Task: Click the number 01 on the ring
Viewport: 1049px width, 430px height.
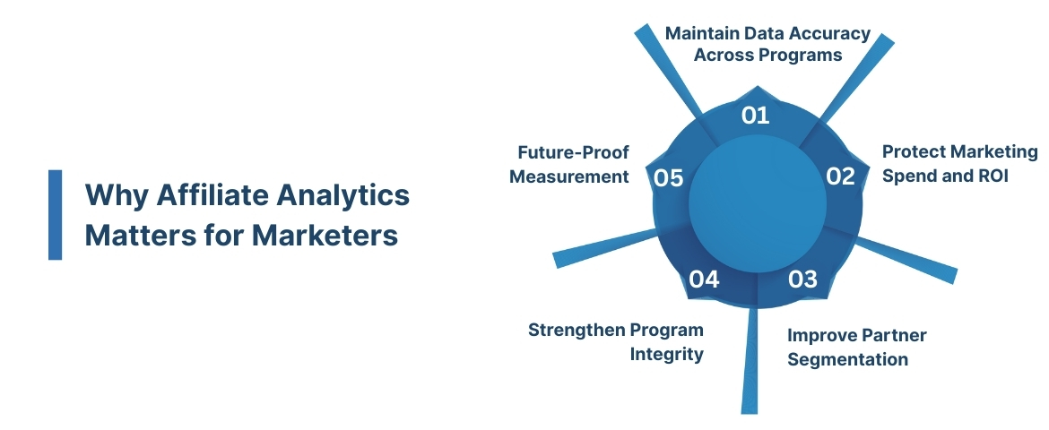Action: coord(756,115)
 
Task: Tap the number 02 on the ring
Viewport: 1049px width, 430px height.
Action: coord(840,176)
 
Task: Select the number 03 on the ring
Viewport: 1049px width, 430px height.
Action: coord(802,279)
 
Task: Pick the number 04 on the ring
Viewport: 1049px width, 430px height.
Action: coord(704,279)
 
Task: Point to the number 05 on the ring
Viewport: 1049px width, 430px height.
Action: coord(669,177)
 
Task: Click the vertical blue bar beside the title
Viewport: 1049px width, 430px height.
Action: coord(56,214)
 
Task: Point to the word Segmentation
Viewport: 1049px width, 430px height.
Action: coord(847,359)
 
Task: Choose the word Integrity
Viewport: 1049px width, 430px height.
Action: coord(666,354)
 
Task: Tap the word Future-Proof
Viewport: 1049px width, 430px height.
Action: coord(574,151)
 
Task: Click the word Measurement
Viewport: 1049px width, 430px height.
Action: coord(569,176)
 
